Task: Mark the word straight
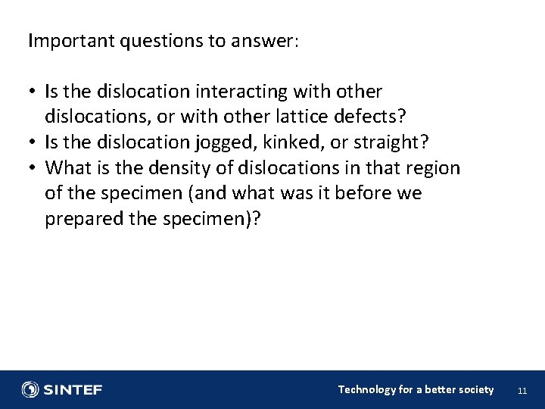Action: [390, 143]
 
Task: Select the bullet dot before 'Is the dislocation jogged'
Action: [34, 143]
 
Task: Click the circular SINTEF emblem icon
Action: [30, 389]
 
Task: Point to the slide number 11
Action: [521, 391]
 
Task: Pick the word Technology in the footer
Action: [366, 389]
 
